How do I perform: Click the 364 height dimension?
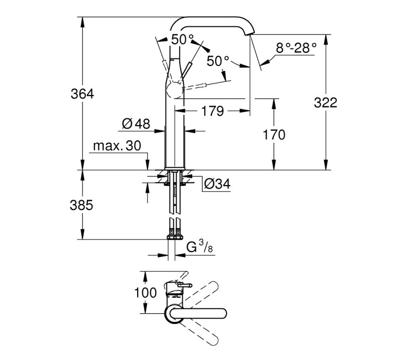(82, 94)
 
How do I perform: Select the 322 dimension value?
(326, 102)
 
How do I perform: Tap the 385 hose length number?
(82, 205)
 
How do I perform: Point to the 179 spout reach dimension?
(213, 111)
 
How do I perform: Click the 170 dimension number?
(274, 135)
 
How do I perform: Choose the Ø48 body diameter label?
(136, 123)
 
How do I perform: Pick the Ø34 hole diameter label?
(217, 184)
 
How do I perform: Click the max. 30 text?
(117, 146)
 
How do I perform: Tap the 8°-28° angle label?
(296, 48)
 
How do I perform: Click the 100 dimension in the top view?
(145, 293)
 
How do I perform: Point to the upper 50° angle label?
(183, 40)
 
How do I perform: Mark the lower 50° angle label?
(218, 61)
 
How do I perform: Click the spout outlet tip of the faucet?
(250, 33)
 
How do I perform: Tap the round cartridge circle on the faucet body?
(174, 91)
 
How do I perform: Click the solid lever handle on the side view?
(186, 70)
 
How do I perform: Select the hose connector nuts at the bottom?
(175, 237)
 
